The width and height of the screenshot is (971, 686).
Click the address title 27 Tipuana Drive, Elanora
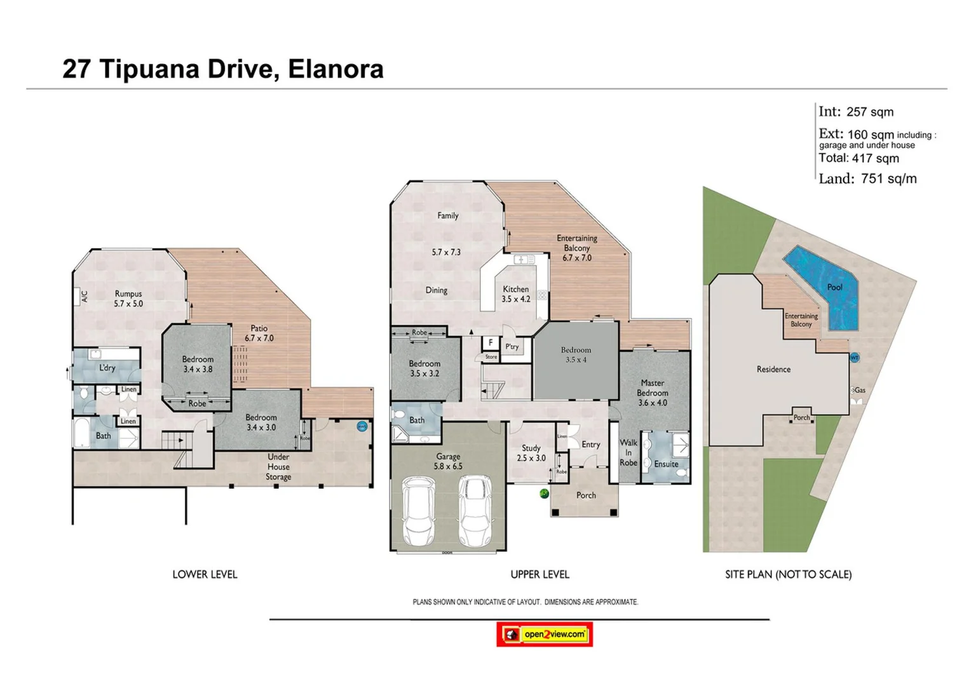tap(222, 69)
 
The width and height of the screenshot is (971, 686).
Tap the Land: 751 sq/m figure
tap(867, 178)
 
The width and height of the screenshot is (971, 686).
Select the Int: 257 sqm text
tap(856, 112)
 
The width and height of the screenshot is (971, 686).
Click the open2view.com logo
tap(545, 634)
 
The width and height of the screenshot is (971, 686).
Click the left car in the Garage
tap(418, 511)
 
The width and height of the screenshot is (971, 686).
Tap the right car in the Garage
tap(475, 511)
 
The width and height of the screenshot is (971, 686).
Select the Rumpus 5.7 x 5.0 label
tap(128, 299)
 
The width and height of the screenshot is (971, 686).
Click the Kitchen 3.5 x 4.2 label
tap(515, 293)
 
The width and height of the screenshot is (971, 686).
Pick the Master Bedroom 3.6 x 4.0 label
tap(652, 393)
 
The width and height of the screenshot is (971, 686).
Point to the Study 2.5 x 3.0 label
tap(531, 453)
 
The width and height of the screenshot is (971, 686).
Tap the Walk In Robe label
tap(628, 452)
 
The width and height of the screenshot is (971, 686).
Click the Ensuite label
tap(666, 464)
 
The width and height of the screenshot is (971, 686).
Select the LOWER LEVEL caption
tap(205, 574)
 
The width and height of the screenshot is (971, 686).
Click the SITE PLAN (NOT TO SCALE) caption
tap(788, 574)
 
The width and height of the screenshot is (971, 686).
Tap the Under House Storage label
tap(278, 467)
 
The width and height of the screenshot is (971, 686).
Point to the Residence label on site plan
tap(773, 369)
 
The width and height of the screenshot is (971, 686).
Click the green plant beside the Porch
tap(544, 493)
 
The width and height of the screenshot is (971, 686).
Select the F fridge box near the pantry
tap(490, 343)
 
